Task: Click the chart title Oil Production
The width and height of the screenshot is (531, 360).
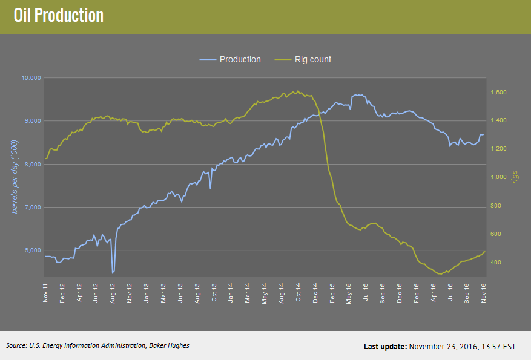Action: [x=59, y=16]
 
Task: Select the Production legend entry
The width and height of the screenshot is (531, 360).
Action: [x=240, y=59]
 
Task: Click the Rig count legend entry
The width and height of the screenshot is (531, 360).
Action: [x=312, y=59]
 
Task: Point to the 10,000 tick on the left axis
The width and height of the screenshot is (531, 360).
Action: [x=30, y=78]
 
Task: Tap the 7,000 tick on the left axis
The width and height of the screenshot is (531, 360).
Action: [x=32, y=208]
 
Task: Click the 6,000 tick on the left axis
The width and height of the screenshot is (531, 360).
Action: [x=32, y=250]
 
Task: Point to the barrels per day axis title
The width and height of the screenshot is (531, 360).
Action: [x=15, y=176]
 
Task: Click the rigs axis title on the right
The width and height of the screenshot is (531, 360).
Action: [x=515, y=177]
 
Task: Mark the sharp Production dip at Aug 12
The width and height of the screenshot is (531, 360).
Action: [x=113, y=272]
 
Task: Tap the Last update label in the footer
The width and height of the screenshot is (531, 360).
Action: [x=385, y=347]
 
